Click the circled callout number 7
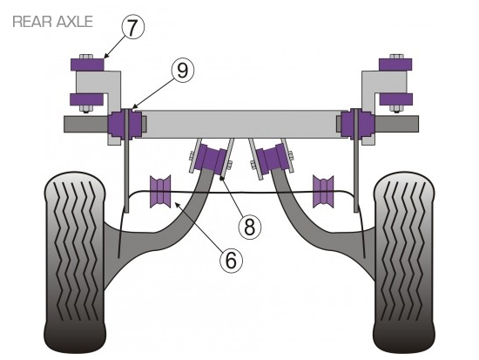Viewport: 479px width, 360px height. pyautogui.click(x=132, y=28)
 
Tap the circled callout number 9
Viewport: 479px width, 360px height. pyautogui.click(x=182, y=71)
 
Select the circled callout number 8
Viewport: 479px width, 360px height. pyautogui.click(x=250, y=227)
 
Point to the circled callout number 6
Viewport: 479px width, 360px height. pyautogui.click(x=232, y=261)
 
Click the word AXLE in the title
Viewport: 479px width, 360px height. pyautogui.click(x=75, y=22)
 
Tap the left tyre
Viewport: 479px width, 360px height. pyautogui.click(x=75, y=262)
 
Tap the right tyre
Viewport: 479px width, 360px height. pyautogui.click(x=404, y=262)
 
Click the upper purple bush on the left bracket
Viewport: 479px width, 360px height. pyautogui.click(x=87, y=65)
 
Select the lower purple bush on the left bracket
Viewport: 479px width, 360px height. pyautogui.click(x=87, y=99)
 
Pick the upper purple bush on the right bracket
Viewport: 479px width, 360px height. pyautogui.click(x=395, y=65)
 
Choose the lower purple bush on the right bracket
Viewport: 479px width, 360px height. pyautogui.click(x=396, y=99)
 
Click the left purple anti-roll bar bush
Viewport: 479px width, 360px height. pyautogui.click(x=160, y=192)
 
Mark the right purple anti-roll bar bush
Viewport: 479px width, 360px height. pyautogui.click(x=323, y=192)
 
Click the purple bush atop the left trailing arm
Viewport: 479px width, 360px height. pyautogui.click(x=212, y=160)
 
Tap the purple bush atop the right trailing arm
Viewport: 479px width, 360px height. pyautogui.click(x=273, y=160)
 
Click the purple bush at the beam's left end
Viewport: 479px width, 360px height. pyautogui.click(x=125, y=124)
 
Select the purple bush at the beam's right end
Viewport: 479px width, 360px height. pyautogui.click(x=357, y=124)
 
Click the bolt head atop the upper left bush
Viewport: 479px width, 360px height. pyautogui.click(x=87, y=57)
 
